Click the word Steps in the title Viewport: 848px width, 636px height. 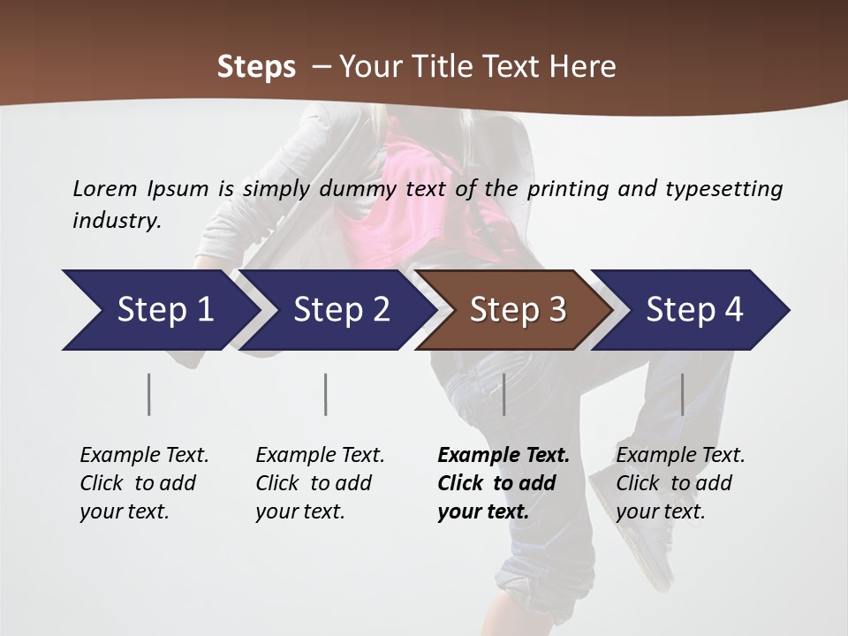(x=256, y=67)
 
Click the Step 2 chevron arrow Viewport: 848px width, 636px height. (x=340, y=310)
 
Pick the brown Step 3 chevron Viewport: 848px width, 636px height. (x=517, y=310)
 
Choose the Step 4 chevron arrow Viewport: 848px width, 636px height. (x=693, y=310)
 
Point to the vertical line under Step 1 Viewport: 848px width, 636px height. (x=149, y=394)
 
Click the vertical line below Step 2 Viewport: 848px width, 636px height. (x=326, y=394)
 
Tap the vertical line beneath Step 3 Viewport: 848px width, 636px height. (x=503, y=394)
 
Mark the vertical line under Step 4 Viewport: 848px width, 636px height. (x=682, y=394)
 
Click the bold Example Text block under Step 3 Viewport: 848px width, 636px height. (x=503, y=483)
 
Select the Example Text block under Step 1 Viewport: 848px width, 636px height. (x=144, y=483)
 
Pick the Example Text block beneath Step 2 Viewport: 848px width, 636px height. (x=320, y=483)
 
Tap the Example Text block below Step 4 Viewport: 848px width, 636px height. (x=680, y=483)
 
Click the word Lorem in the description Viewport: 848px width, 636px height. (x=105, y=189)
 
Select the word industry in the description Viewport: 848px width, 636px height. (x=116, y=221)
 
